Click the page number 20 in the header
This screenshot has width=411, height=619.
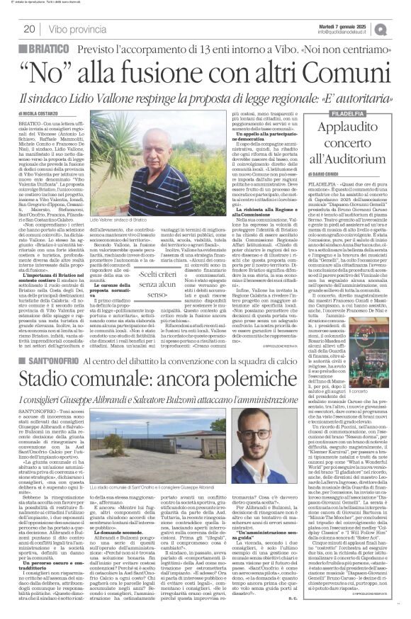[x=30, y=28]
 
